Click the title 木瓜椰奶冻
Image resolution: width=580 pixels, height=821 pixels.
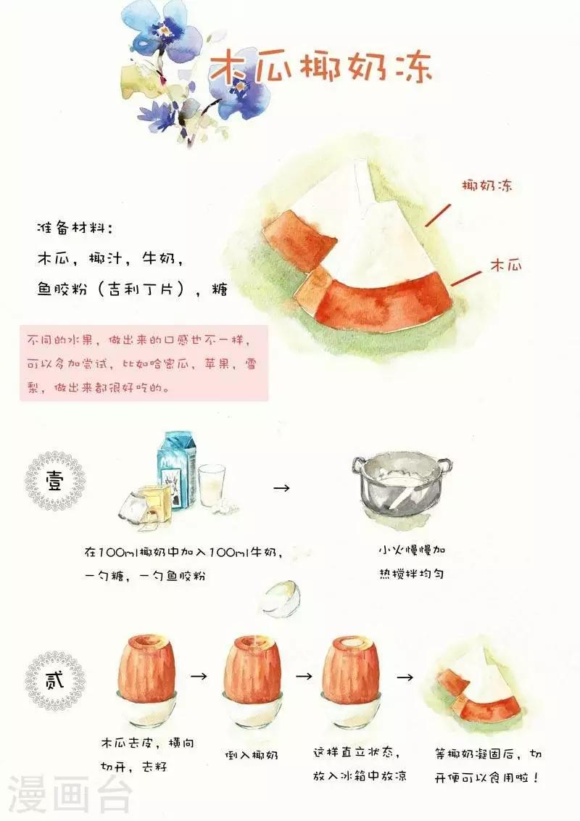click(x=320, y=67)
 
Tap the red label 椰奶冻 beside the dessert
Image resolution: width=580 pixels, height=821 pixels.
click(x=486, y=186)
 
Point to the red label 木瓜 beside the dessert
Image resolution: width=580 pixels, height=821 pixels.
click(x=505, y=265)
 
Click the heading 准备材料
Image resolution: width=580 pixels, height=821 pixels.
click(x=75, y=228)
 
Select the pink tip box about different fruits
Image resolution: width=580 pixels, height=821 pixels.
click(x=144, y=363)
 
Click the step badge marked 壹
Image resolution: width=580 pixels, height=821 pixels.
click(x=55, y=481)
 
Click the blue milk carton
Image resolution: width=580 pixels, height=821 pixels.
click(x=177, y=470)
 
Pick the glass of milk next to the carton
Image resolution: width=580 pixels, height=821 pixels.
click(x=212, y=485)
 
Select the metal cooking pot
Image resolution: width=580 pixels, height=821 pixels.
click(x=402, y=485)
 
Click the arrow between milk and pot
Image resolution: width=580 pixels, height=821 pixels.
click(x=281, y=488)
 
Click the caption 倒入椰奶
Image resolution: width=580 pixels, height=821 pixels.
click(x=252, y=755)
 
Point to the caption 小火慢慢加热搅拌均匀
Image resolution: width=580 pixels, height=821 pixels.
click(x=412, y=562)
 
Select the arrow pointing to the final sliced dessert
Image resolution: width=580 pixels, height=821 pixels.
click(x=405, y=677)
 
